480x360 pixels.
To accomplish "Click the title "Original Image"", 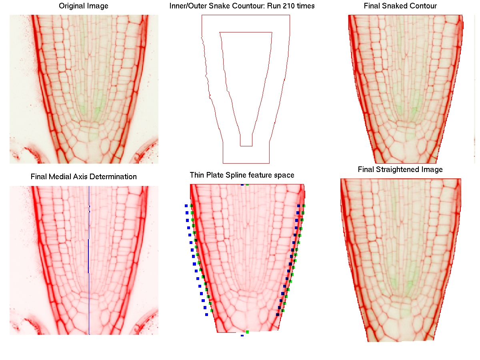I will click(84, 6).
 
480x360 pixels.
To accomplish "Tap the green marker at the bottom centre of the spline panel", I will click(247, 332).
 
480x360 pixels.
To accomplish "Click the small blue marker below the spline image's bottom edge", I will click(242, 336).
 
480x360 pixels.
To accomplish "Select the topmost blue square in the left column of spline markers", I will click(186, 206).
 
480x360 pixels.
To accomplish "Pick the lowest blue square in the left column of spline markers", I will click(206, 314).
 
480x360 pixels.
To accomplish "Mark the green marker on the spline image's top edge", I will click(247, 184).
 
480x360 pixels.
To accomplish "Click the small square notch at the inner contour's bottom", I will click(246, 140).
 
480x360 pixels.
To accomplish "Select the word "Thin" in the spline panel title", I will click(196, 175).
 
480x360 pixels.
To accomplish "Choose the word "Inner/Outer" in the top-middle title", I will click(185, 6).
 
